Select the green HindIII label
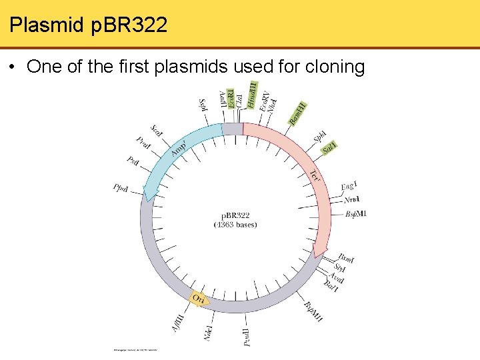pyautogui.click(x=253, y=95)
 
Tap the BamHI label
pyautogui.click(x=298, y=113)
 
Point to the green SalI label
pyautogui.click(x=329, y=149)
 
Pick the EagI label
pyautogui.click(x=349, y=185)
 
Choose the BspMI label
pyautogui.click(x=355, y=214)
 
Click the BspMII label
pyautogui.click(x=313, y=311)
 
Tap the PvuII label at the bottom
pyautogui.click(x=247, y=337)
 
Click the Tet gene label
pyautogui.click(x=316, y=177)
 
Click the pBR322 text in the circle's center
pyautogui.click(x=235, y=215)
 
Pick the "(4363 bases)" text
pyautogui.click(x=235, y=225)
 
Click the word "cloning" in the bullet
pyautogui.click(x=334, y=67)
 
